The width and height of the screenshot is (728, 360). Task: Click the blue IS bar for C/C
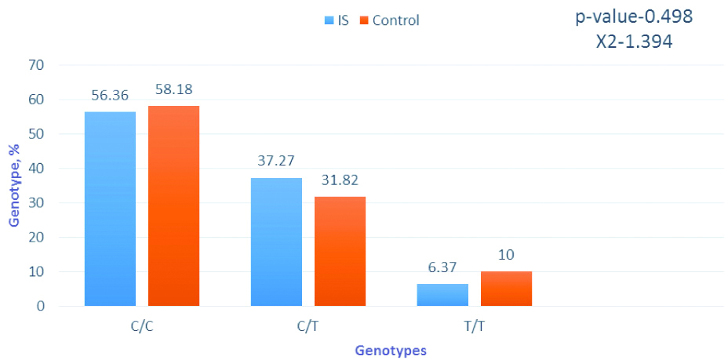[x=110, y=209]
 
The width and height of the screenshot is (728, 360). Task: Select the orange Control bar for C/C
[x=173, y=205]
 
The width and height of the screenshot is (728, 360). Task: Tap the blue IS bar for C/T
[x=276, y=242]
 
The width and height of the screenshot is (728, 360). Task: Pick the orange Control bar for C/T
[x=340, y=251]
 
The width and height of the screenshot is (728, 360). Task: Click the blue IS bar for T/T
[x=442, y=295]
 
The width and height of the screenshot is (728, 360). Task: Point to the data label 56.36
[x=110, y=95]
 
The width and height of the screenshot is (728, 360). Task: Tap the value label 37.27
[x=276, y=161]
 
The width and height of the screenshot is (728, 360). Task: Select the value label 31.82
[x=340, y=180]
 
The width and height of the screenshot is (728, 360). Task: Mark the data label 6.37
[x=442, y=267]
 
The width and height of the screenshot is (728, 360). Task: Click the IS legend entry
[x=337, y=20]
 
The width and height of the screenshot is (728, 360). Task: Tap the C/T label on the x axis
[x=308, y=325]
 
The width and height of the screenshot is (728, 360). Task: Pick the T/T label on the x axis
[x=474, y=325]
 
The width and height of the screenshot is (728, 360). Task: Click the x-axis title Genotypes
[x=390, y=351]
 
